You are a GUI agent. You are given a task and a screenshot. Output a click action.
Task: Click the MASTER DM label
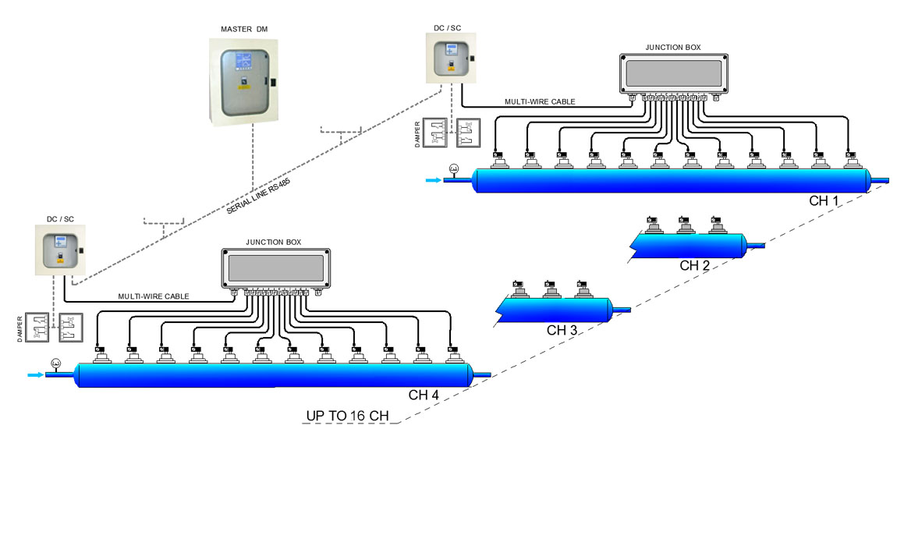244,29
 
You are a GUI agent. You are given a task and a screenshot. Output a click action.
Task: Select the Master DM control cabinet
243,82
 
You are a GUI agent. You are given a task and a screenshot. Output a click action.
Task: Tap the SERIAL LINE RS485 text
259,197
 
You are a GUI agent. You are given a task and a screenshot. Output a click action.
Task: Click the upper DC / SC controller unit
451,58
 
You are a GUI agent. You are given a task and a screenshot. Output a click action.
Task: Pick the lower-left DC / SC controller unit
60,250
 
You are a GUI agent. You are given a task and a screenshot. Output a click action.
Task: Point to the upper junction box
674,74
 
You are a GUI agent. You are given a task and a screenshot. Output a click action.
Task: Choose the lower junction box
276,268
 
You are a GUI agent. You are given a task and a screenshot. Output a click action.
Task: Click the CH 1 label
824,201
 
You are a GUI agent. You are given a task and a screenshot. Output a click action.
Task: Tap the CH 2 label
694,265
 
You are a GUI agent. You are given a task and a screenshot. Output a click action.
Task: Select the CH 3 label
562,330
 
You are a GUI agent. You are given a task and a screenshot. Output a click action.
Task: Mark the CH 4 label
424,395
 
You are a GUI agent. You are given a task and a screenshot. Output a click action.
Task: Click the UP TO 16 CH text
347,416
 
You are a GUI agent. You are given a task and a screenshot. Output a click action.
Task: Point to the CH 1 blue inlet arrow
433,180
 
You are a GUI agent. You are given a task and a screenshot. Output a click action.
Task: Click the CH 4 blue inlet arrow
35,375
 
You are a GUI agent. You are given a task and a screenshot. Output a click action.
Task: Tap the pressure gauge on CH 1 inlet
454,168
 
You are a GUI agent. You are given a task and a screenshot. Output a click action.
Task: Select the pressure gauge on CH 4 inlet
56,363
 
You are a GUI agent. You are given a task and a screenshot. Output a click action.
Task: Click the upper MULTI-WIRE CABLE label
540,102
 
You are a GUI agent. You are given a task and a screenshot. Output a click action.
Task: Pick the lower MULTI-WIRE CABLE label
154,296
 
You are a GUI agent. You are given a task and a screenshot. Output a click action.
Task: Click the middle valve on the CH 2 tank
686,225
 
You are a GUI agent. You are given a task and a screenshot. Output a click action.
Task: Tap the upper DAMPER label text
417,134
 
